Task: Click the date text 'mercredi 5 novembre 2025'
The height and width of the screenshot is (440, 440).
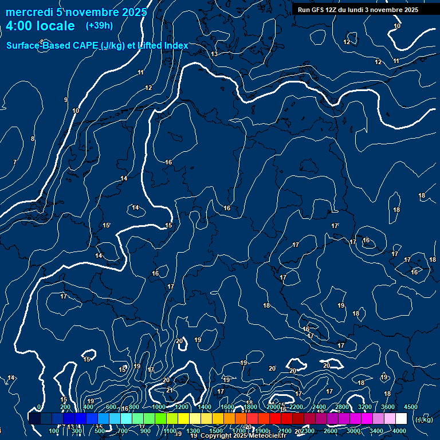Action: (76, 12)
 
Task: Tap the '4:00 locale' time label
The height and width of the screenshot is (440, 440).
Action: (41, 26)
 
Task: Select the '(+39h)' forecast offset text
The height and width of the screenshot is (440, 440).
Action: (99, 26)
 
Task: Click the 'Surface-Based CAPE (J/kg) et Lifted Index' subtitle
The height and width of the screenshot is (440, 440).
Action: (97, 45)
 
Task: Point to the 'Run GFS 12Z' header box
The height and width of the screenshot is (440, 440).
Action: (358, 10)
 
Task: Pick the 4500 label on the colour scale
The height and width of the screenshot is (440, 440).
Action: (410, 407)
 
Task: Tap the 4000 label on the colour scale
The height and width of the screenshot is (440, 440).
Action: (399, 431)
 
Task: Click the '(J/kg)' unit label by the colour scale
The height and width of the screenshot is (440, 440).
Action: (424, 419)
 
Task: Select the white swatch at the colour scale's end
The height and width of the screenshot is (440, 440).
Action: (401, 419)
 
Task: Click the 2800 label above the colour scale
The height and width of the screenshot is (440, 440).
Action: (342, 407)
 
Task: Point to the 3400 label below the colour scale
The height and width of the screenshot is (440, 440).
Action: (376, 431)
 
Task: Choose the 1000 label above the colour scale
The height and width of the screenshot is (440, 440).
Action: (159, 407)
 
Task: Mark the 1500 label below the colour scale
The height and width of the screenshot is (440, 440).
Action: (216, 431)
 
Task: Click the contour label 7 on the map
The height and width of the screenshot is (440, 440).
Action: (14, 162)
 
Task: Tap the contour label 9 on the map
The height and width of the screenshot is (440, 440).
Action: (66, 100)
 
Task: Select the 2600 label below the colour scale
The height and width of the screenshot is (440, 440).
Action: (331, 431)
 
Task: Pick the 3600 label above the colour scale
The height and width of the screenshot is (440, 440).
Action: (388, 407)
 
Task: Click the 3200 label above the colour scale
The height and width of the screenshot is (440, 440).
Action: (365, 407)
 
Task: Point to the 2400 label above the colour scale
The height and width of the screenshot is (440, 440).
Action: (319, 407)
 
